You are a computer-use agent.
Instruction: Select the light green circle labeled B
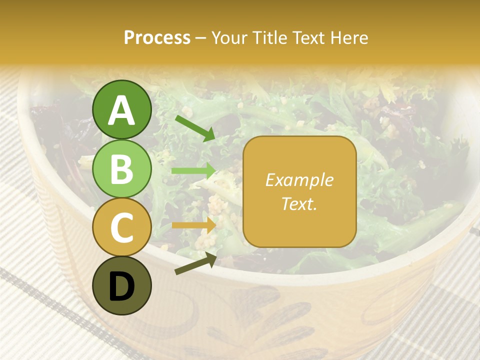122,168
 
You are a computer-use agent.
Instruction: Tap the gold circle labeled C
122,227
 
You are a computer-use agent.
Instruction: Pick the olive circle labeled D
122,286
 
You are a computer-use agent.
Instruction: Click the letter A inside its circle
122,110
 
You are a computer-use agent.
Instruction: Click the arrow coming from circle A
195,128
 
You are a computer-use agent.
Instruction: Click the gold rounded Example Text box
299,191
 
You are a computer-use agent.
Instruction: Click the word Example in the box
299,180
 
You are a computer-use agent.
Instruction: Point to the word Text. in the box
299,204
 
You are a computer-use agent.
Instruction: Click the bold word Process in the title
157,38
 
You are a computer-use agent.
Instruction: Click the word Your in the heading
228,38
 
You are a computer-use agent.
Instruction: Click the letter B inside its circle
122,169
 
